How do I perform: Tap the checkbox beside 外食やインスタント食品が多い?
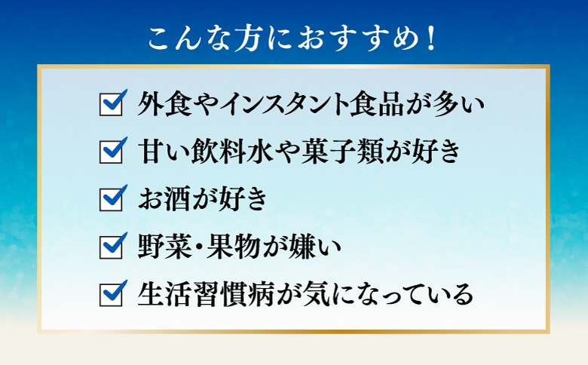click(111, 106)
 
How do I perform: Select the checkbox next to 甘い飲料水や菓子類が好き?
click(111, 152)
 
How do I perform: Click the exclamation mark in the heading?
click(431, 38)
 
